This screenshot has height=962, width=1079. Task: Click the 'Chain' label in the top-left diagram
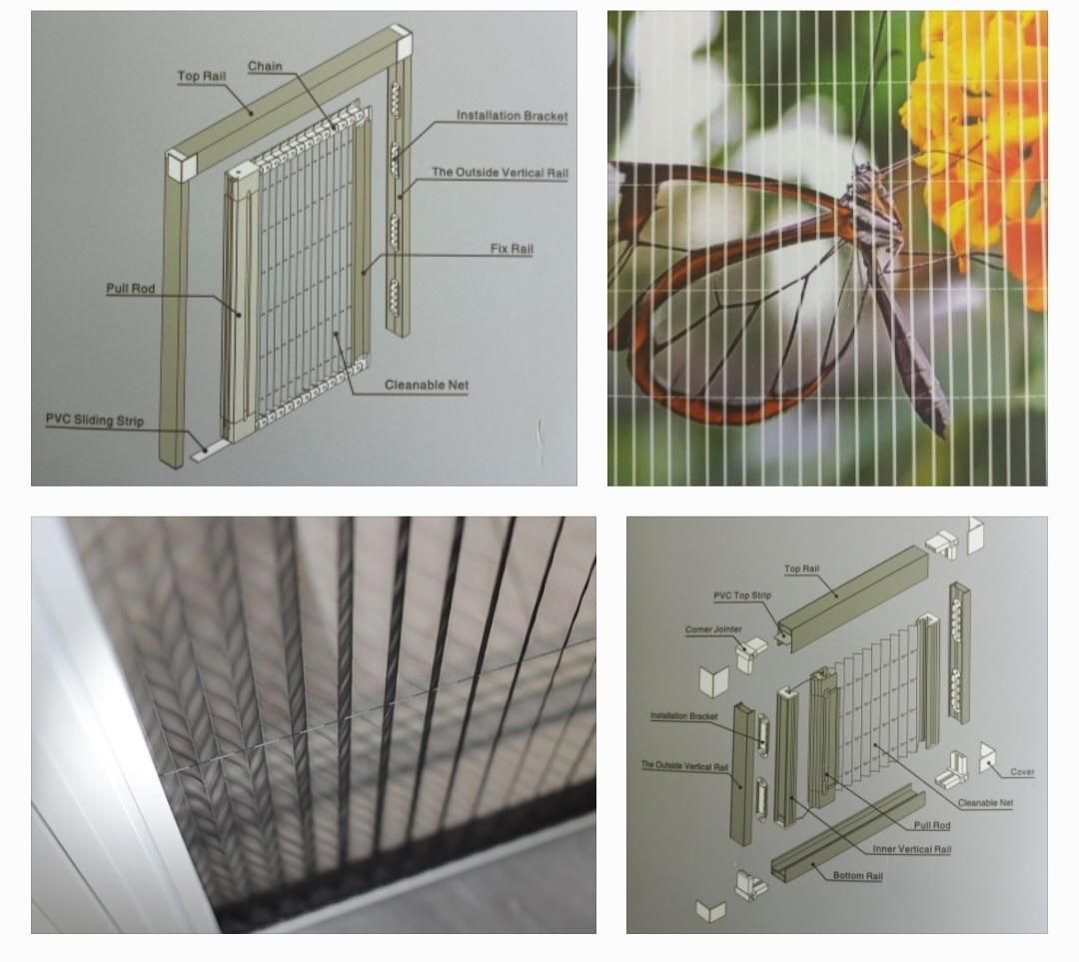tap(265, 66)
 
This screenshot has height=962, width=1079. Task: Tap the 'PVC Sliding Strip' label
tap(95, 420)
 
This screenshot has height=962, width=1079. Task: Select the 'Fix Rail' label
tap(512, 249)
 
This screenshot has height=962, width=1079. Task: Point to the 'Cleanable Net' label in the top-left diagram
tap(427, 385)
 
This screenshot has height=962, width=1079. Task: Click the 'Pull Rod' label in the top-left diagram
tap(130, 289)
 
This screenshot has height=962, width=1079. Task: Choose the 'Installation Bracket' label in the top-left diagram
tap(512, 116)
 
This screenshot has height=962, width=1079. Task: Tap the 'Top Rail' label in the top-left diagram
tap(202, 76)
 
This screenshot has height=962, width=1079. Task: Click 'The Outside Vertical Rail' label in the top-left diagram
tap(501, 172)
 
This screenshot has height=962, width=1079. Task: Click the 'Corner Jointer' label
tap(713, 629)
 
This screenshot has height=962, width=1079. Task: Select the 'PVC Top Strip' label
tap(742, 595)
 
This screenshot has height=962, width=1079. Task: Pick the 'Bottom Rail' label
tap(857, 875)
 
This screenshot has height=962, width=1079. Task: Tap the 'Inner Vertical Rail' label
tap(912, 849)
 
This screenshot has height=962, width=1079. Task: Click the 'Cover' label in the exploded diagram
tap(1022, 771)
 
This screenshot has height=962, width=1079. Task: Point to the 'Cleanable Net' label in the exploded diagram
tap(985, 802)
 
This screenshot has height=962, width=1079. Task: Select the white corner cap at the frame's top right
tap(399, 41)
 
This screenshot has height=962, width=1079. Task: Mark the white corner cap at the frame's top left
tap(182, 166)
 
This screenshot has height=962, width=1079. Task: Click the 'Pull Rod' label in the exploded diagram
tap(932, 825)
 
